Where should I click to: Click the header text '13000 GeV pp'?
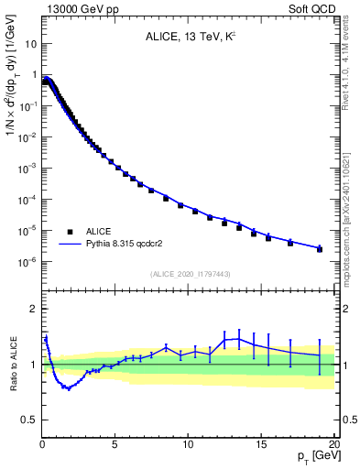click(x=77, y=7)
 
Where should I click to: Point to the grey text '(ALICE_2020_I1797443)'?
click(x=189, y=274)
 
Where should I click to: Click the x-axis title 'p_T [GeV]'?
click(x=314, y=456)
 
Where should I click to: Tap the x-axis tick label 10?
click(x=188, y=444)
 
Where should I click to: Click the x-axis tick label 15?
click(x=261, y=444)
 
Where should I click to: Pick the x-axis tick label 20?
click(x=333, y=444)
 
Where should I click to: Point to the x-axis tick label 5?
click(x=115, y=444)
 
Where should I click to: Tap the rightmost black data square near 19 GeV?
click(x=320, y=249)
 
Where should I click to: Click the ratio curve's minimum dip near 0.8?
click(x=67, y=388)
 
